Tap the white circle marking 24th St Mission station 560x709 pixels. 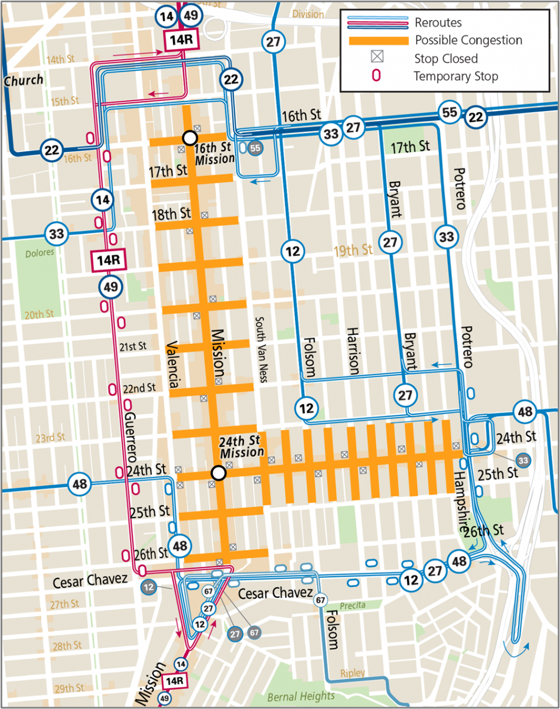[x=219, y=473]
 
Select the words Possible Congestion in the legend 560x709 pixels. [x=468, y=41]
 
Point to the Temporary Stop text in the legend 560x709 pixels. [x=455, y=76]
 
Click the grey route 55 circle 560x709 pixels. [x=255, y=148]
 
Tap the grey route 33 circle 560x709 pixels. [x=522, y=459]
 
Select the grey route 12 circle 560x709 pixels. [x=148, y=587]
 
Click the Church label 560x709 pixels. [x=24, y=80]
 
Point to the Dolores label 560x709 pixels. [x=40, y=252]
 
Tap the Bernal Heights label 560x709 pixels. [x=301, y=696]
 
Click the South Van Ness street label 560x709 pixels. [x=261, y=349]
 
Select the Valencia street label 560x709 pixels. [x=173, y=365]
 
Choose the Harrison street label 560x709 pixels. [x=353, y=351]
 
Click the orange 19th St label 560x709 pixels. [x=353, y=250]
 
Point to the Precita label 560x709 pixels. [x=353, y=605]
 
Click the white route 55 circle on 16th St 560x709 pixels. [x=450, y=113]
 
